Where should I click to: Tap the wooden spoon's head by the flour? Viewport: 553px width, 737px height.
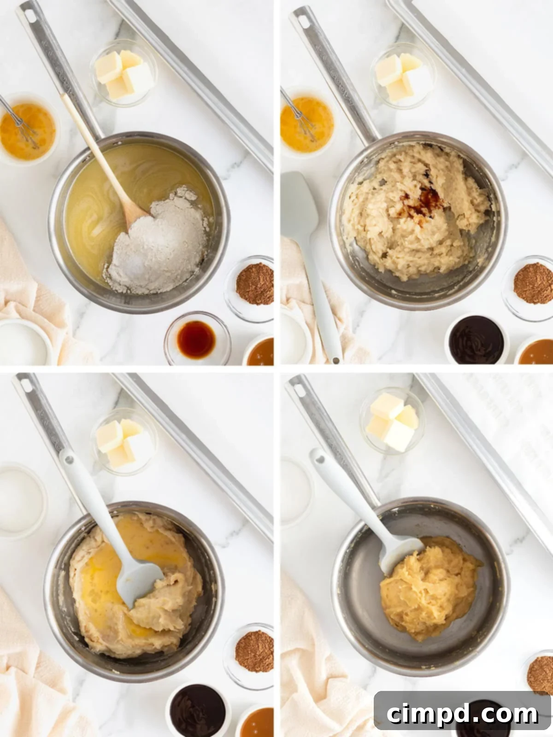(x=133, y=214)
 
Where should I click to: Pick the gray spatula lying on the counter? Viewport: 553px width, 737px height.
(x=304, y=240)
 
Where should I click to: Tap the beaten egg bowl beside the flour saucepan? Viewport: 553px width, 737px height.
(x=28, y=131)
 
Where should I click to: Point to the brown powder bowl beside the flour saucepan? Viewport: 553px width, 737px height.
(x=254, y=284)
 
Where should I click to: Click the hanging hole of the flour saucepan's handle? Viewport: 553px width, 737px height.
(x=29, y=16)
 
